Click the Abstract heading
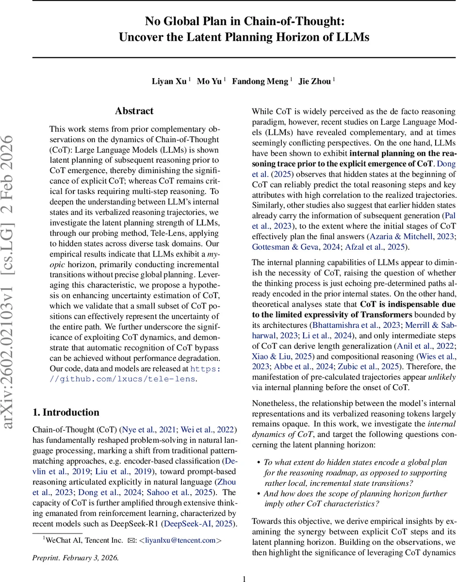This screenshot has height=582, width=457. point(134,111)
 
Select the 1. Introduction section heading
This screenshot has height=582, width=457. point(65,412)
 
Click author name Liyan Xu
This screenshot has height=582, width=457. point(169,81)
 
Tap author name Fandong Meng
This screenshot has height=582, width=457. point(260,81)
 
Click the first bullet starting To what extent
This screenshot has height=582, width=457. point(354,462)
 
